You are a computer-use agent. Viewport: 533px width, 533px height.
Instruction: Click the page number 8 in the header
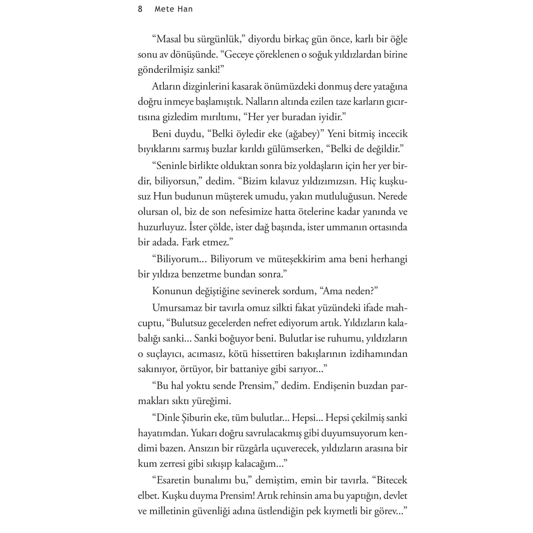(140, 9)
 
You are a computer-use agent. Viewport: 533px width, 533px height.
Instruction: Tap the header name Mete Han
(173, 9)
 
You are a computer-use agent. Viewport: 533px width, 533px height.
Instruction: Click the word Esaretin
(171, 480)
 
